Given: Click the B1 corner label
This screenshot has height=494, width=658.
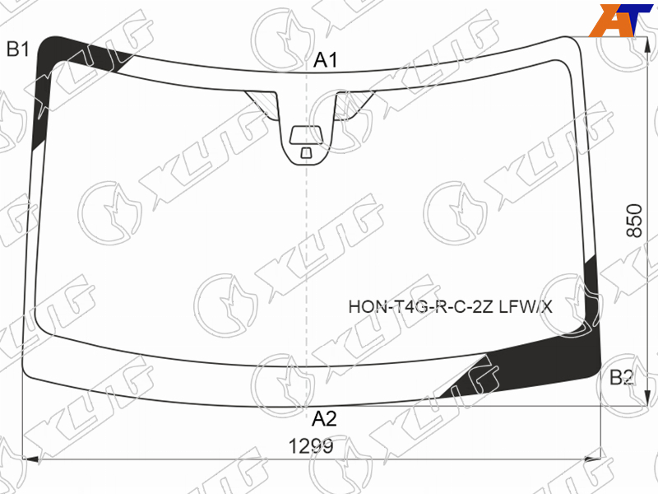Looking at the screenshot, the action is click(x=17, y=49).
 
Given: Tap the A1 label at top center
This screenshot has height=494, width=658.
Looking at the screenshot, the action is click(x=325, y=60).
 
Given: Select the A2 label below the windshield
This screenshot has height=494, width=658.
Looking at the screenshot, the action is click(x=324, y=419).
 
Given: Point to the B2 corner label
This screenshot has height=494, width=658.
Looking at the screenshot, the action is click(x=622, y=377).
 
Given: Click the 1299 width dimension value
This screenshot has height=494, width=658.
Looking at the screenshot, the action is click(x=311, y=446).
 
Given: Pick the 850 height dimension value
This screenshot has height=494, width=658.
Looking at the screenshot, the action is click(x=634, y=221).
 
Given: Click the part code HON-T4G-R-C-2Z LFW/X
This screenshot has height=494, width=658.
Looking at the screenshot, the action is click(x=450, y=307).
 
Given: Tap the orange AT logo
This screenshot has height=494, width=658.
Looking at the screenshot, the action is click(x=620, y=20).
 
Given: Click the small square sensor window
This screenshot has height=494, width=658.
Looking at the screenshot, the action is click(x=306, y=153).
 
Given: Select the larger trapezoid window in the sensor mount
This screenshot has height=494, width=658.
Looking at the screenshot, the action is click(x=307, y=134).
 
